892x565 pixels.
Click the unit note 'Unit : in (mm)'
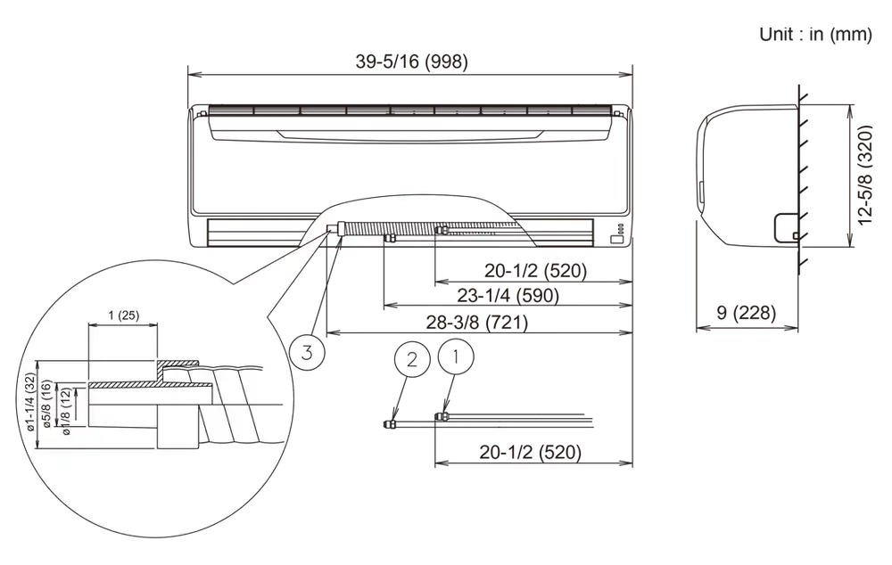[815, 34]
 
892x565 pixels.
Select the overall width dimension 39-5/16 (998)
[412, 61]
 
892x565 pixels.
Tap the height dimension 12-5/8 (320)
[864, 175]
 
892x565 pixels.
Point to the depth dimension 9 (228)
[747, 313]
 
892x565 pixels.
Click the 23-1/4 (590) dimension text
[508, 295]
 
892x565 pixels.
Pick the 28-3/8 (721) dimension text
[476, 323]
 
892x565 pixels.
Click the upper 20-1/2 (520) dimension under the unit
[535, 270]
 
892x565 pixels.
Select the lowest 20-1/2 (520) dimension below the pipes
[530, 452]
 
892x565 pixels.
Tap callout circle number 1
[456, 356]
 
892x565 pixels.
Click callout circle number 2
[412, 359]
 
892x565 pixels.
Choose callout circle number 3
[307, 353]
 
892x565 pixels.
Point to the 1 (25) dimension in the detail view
[123, 315]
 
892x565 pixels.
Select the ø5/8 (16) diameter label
[47, 404]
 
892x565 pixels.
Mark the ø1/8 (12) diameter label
[65, 412]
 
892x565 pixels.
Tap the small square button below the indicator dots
[617, 240]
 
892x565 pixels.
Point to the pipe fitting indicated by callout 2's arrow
[390, 423]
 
